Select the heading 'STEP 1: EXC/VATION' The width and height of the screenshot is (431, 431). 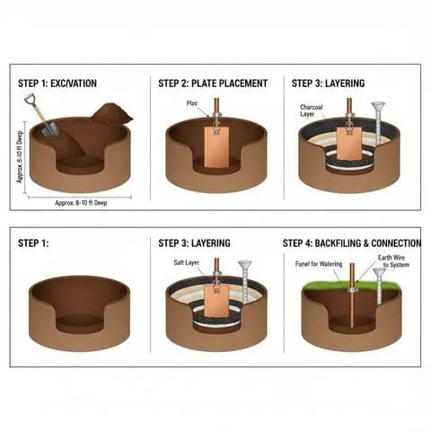click(x=58, y=84)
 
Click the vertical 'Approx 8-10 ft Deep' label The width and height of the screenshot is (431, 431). click(x=21, y=153)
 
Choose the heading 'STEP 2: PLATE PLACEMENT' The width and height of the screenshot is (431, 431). click(x=213, y=84)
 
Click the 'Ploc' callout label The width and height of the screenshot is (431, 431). click(x=192, y=103)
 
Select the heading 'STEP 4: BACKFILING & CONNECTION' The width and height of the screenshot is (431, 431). click(x=351, y=243)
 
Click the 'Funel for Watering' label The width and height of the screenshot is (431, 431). click(x=319, y=263)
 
